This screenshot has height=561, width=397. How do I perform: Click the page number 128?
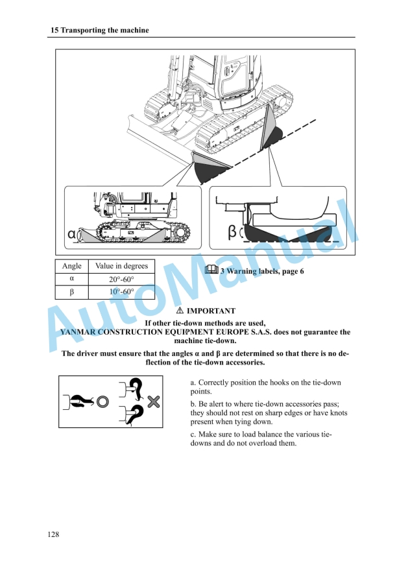point(54,534)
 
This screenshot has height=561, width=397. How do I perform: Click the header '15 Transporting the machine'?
point(99,30)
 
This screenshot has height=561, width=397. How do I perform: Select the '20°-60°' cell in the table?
point(121,280)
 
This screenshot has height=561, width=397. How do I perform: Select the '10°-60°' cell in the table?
point(121,292)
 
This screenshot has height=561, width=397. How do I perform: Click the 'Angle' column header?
point(71,267)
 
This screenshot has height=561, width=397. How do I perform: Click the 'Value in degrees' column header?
point(121,267)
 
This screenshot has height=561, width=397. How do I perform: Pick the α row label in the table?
point(71,280)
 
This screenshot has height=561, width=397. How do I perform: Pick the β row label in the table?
point(71,292)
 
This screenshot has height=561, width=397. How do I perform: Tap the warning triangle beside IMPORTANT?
point(180,311)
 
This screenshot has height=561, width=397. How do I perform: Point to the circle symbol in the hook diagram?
point(102,402)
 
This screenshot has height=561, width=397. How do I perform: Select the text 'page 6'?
point(293,271)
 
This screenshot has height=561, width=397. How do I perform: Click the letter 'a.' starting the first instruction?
point(193,383)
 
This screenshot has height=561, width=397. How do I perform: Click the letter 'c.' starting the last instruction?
point(193,434)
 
